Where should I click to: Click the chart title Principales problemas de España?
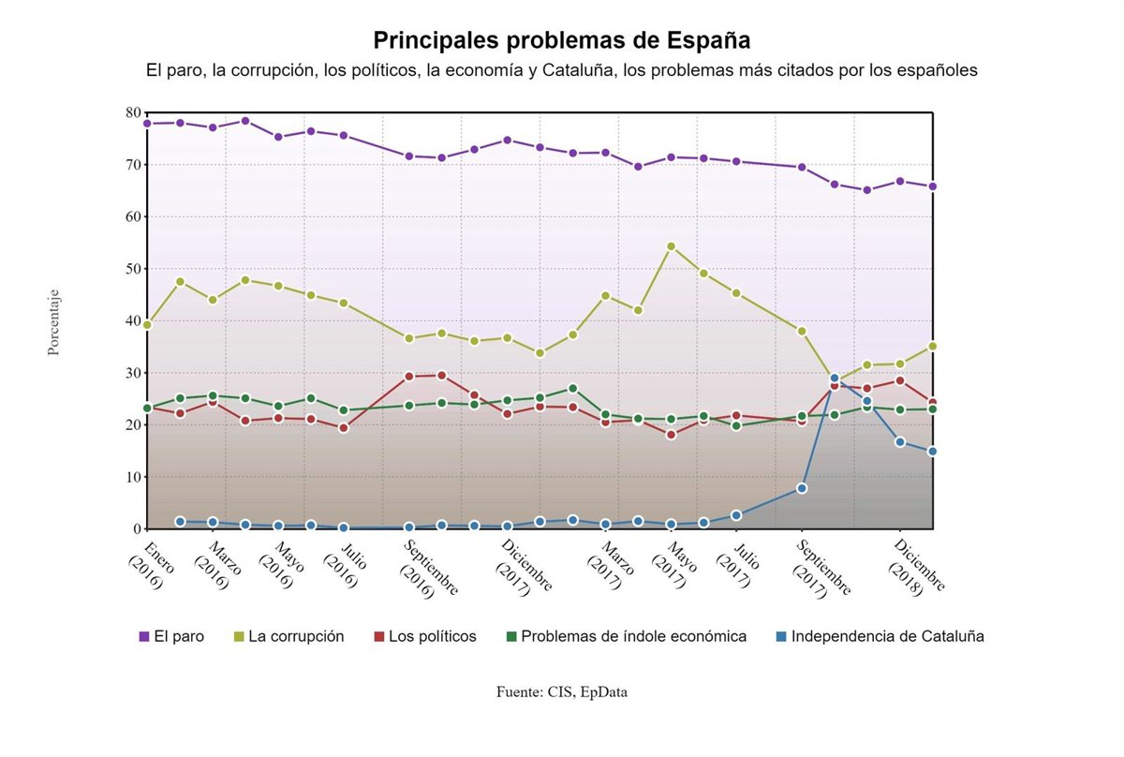(x=562, y=40)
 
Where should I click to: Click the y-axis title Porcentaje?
(x=53, y=321)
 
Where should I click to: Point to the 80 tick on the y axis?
(x=131, y=112)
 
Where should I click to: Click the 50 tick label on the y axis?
(x=131, y=269)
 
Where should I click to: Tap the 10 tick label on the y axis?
(x=131, y=477)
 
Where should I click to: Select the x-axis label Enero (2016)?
(x=145, y=562)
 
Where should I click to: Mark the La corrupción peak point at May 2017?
(x=672, y=246)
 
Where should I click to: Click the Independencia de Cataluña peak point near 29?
(x=835, y=378)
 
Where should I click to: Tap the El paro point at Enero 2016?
(x=147, y=124)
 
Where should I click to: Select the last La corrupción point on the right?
(x=933, y=346)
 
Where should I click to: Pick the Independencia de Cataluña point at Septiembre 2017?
(x=802, y=488)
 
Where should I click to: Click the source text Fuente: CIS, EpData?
(x=562, y=692)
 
